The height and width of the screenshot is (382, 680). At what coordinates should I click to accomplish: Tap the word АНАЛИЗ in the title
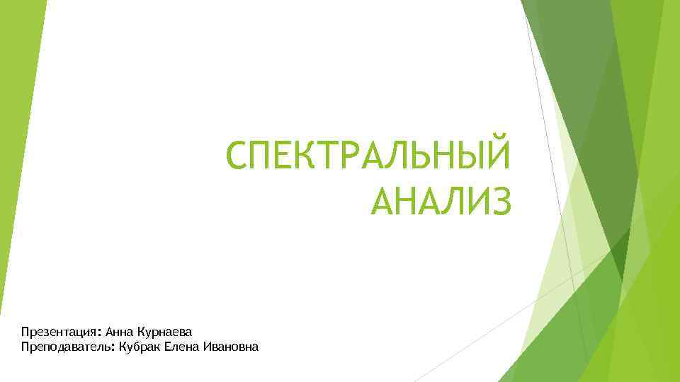[439, 197]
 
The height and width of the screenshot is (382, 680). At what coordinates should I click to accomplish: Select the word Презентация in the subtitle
[59, 332]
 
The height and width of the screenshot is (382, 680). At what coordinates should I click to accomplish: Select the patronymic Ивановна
[231, 347]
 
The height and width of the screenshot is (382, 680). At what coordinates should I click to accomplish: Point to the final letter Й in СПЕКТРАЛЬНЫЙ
[497, 154]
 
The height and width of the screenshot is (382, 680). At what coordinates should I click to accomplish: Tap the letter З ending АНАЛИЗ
[499, 197]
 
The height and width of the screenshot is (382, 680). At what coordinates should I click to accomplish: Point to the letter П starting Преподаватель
[25, 347]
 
